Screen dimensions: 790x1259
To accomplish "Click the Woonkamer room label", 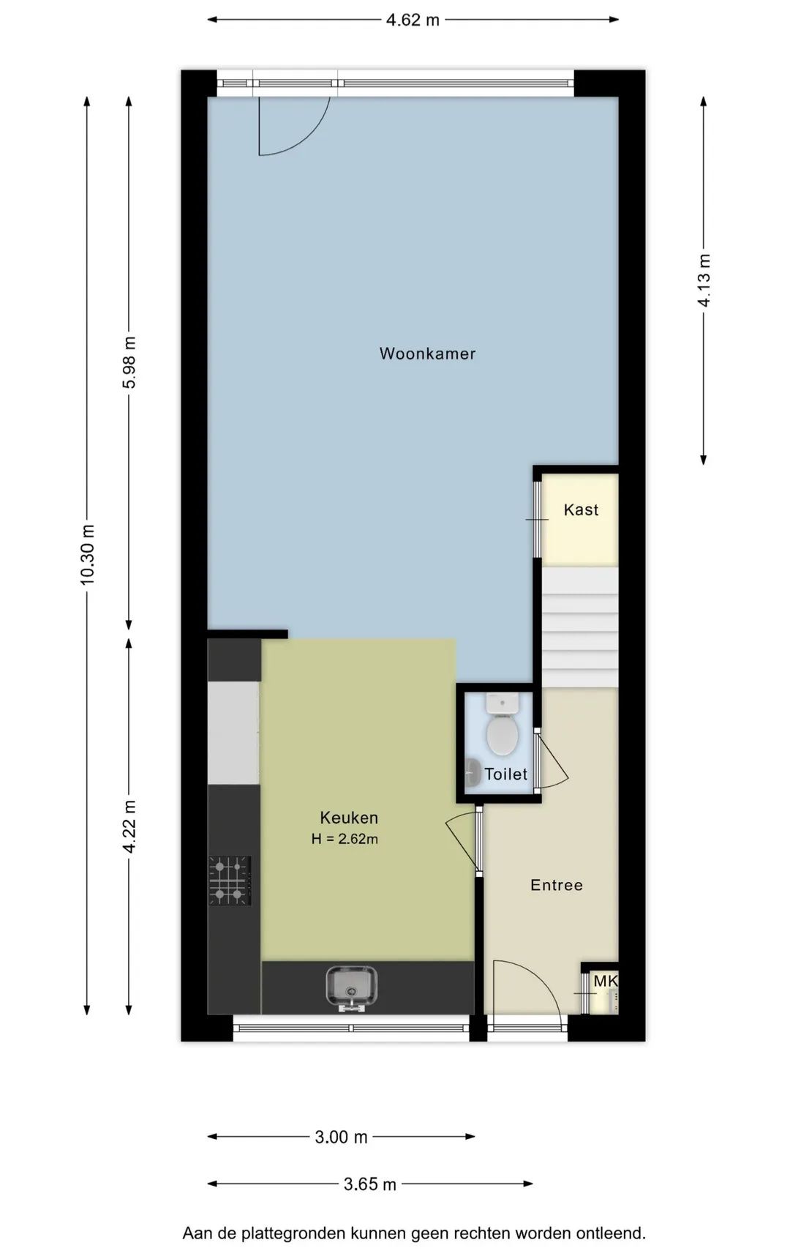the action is coord(427,354).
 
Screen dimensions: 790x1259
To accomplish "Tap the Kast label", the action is coord(581,509).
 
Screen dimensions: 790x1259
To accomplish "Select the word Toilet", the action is coord(505,774).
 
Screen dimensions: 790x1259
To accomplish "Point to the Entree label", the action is coord(557,885).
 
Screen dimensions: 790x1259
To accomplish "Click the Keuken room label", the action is coord(349,818).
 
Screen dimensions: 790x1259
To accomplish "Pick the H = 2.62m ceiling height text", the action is coord(345,839).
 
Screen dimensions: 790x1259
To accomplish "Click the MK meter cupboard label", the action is coord(606,981).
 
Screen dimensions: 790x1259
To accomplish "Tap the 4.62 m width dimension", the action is coord(413,20).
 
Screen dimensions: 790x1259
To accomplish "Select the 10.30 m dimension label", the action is coord(87,555).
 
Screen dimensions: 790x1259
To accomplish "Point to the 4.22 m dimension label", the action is coord(129,826).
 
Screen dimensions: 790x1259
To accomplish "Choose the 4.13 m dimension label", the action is coord(704,280).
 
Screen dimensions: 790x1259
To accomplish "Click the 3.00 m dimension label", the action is coord(341,1137).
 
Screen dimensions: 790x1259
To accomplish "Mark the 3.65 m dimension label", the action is coord(370,1184).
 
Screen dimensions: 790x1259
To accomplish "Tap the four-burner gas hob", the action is coord(230,881).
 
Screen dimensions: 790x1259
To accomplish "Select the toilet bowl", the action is coord(503,734).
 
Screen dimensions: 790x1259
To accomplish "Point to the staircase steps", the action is coord(580,627).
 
